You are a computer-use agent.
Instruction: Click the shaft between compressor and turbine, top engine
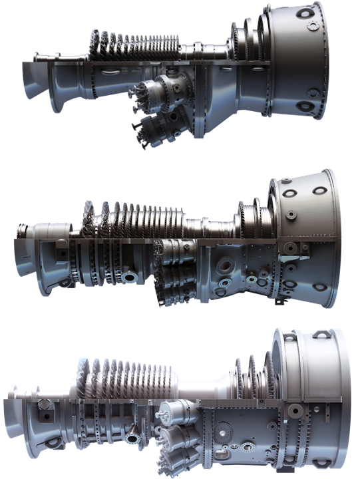coord(200,51)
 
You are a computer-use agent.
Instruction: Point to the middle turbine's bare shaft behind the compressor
coord(206,226)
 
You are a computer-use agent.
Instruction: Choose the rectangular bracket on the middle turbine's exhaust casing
coord(291,248)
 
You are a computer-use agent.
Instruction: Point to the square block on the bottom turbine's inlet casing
coord(43,404)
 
